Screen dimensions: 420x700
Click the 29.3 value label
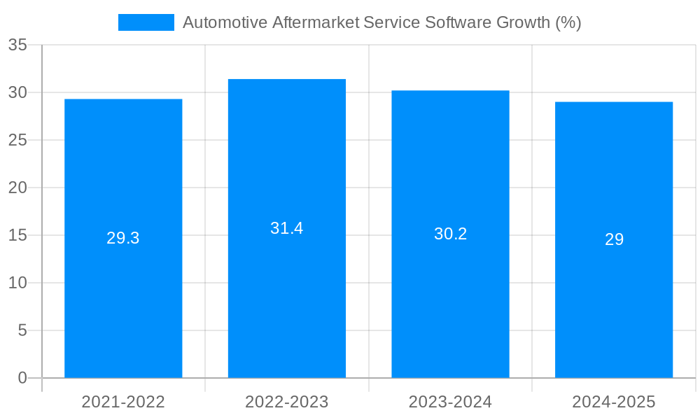pos(123,238)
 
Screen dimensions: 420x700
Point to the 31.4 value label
pos(287,228)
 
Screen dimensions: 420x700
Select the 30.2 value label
pos(450,234)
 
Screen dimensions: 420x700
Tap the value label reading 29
pos(614,239)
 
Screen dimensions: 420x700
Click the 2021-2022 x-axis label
pos(123,402)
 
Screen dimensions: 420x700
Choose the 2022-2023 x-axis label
pos(287,402)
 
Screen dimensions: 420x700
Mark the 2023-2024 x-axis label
pos(450,402)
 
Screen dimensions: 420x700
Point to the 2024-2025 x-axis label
pos(614,402)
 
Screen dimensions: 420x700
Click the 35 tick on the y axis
pos(17,45)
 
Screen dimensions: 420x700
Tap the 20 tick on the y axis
pos(17,188)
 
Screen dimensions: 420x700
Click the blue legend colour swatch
pos(146,22)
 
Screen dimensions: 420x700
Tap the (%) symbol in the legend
pos(568,22)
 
